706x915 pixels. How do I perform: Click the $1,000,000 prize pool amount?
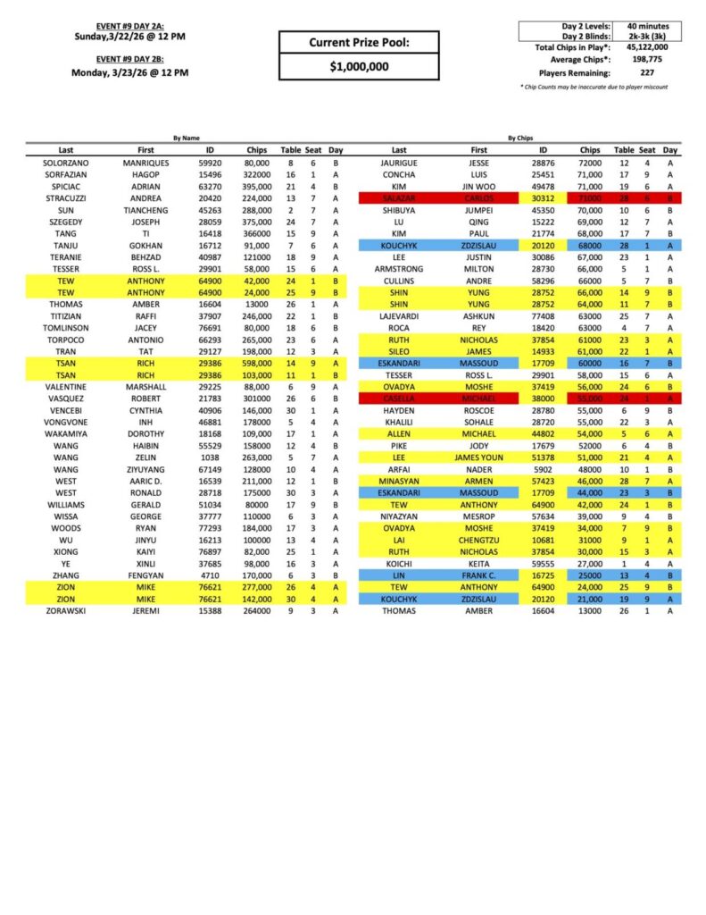click(x=358, y=66)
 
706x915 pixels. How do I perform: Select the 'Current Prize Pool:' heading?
click(x=358, y=42)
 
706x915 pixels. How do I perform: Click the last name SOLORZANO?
click(x=66, y=164)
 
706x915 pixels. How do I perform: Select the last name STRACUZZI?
click(x=66, y=197)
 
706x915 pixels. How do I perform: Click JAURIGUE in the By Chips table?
click(x=399, y=164)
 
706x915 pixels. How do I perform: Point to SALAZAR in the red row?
click(x=399, y=197)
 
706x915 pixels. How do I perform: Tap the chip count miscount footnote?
click(x=594, y=87)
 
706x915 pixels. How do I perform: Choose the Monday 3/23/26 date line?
click(x=130, y=73)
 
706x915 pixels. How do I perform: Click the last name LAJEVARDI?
click(x=399, y=315)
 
